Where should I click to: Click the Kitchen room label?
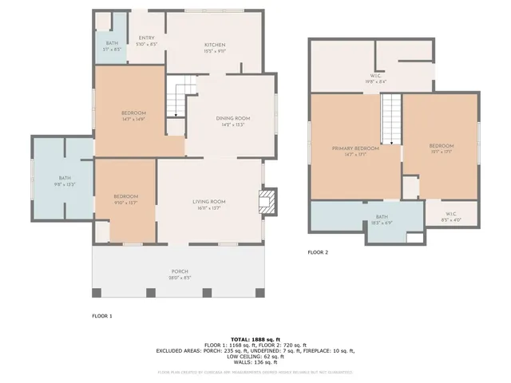tap(215, 45)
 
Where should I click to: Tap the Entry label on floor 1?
tap(146, 38)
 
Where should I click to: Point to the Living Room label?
tap(209, 201)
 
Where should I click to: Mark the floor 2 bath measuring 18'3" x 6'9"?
tap(382, 217)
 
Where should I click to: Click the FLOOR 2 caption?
tap(318, 252)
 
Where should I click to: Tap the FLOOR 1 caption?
tap(101, 316)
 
